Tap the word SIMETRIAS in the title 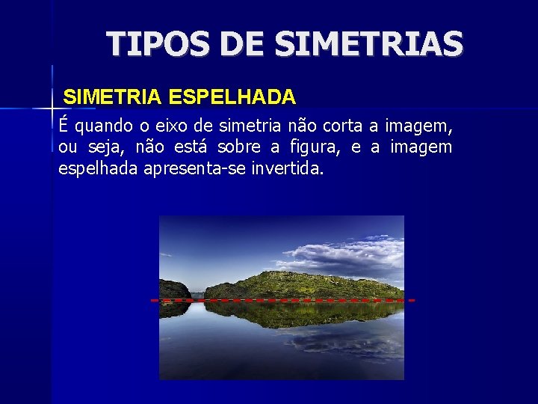tap(369, 44)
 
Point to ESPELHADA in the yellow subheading tap(232, 97)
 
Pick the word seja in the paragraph tap(104, 147)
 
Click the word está tap(193, 147)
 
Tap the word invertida tap(287, 169)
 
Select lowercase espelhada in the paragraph tap(97, 169)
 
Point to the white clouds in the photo tap(344, 251)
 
